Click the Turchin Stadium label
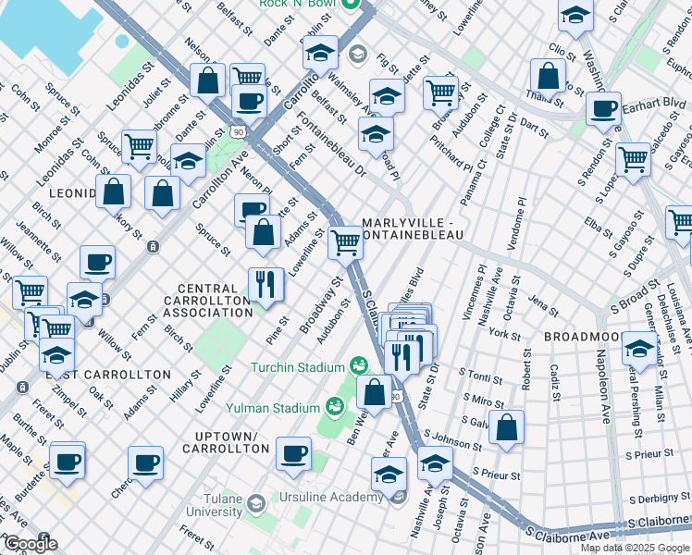[x=297, y=367]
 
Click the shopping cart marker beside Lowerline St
[x=345, y=242]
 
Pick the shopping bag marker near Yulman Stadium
[x=375, y=390]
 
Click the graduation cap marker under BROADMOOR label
[x=639, y=349]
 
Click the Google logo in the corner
[x=31, y=544]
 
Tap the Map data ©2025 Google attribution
[x=635, y=548]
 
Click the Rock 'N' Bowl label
[x=298, y=4]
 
